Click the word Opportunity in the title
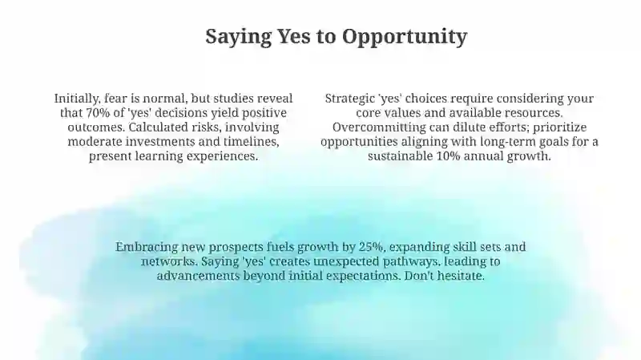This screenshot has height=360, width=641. pyautogui.click(x=405, y=37)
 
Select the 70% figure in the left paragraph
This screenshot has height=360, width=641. pyautogui.click(x=98, y=113)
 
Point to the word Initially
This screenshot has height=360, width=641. pyautogui.click(x=77, y=99)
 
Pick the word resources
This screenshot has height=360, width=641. pyautogui.click(x=534, y=113)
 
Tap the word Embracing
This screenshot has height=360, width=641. pyautogui.click(x=147, y=248)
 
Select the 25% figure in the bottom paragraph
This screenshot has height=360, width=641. pyautogui.click(x=371, y=247)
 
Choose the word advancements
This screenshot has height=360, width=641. pyautogui.click(x=198, y=276)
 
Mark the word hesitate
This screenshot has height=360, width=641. pyautogui.click(x=461, y=276)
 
